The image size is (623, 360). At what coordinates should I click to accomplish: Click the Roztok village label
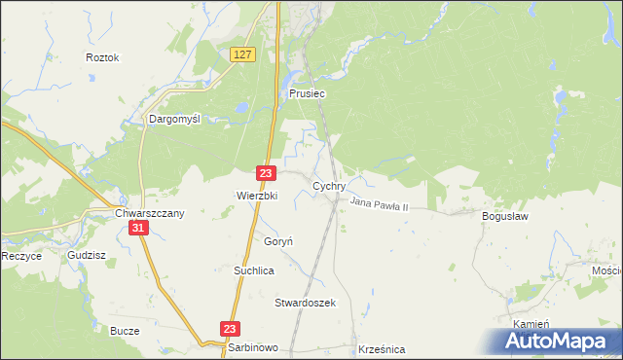(x=102, y=57)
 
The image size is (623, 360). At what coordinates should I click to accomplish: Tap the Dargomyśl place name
(x=173, y=119)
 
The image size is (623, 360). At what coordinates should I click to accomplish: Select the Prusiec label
(x=307, y=94)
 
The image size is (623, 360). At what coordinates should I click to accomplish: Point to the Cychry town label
(x=329, y=184)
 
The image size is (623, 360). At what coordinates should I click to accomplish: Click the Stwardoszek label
(x=305, y=303)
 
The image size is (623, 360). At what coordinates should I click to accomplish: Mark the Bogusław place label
(x=504, y=216)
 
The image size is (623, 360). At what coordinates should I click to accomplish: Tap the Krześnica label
(x=382, y=348)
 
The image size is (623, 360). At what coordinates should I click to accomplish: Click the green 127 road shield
(x=243, y=55)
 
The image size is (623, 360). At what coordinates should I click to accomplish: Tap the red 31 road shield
(x=138, y=228)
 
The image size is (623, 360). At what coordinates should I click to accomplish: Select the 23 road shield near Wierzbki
(x=266, y=172)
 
